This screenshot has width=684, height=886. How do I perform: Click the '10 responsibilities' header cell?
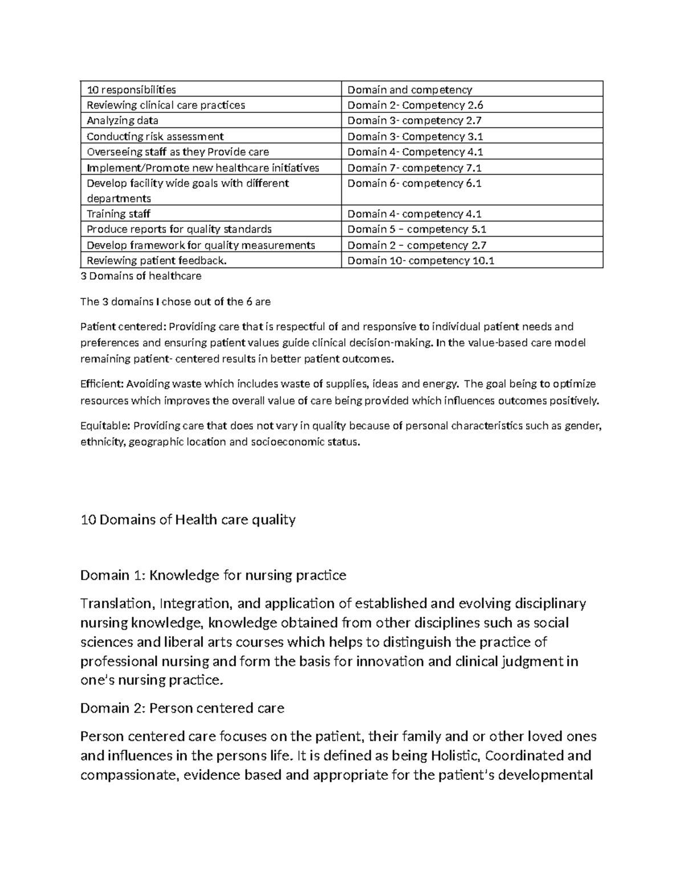click(131, 90)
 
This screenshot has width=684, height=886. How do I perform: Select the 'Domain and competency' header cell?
click(410, 90)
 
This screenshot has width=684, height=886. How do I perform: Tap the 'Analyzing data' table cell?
click(123, 120)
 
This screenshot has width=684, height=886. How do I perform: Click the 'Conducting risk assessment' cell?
click(155, 136)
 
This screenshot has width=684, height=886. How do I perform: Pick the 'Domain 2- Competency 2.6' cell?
click(416, 105)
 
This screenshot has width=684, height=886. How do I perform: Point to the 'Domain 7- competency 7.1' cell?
click(414, 168)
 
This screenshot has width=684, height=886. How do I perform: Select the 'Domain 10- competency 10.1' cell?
click(421, 261)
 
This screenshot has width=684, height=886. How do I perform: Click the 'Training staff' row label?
click(119, 214)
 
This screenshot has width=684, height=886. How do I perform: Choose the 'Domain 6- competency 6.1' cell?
click(414, 183)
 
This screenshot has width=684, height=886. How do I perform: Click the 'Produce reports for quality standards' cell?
click(179, 229)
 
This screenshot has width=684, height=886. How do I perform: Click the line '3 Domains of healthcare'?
click(141, 276)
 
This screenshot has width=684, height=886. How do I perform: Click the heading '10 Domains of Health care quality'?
click(188, 520)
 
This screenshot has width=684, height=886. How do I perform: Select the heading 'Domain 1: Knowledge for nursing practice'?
click(213, 575)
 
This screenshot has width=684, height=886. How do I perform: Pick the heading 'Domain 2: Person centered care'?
click(182, 708)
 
